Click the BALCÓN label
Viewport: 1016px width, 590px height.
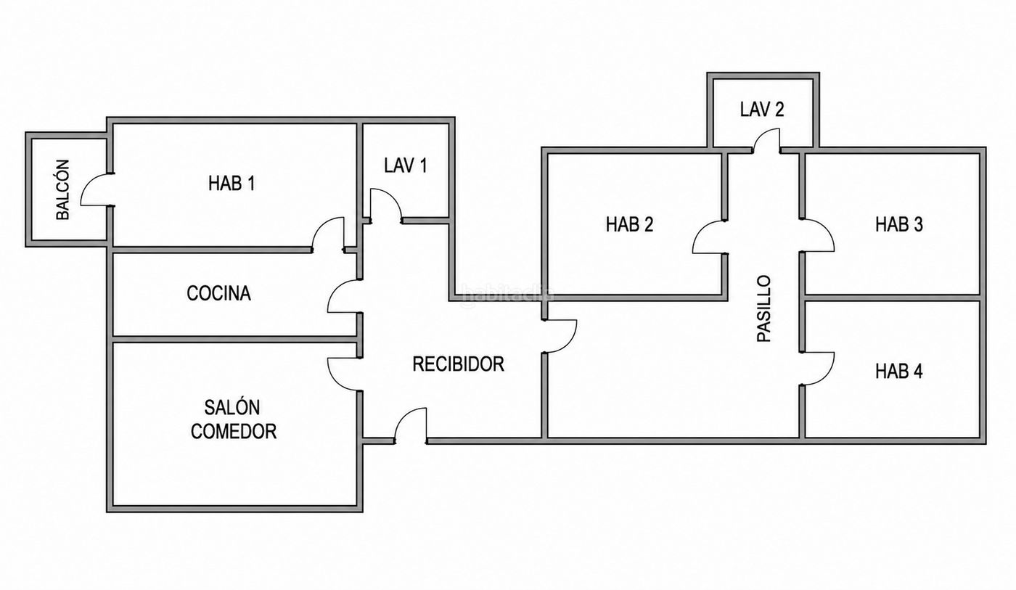[63, 189]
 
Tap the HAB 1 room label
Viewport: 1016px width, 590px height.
[232, 183]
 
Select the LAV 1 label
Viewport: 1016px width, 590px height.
[406, 165]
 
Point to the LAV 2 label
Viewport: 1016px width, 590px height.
[762, 110]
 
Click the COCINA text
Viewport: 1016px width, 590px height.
[218, 293]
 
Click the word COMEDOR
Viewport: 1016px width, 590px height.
[234, 431]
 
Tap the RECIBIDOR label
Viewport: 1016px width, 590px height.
[458, 364]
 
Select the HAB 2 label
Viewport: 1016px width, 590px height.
[630, 224]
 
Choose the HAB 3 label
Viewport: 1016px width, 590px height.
[899, 224]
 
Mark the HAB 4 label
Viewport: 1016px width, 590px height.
[899, 371]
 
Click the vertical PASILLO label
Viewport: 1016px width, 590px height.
[764, 308]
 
